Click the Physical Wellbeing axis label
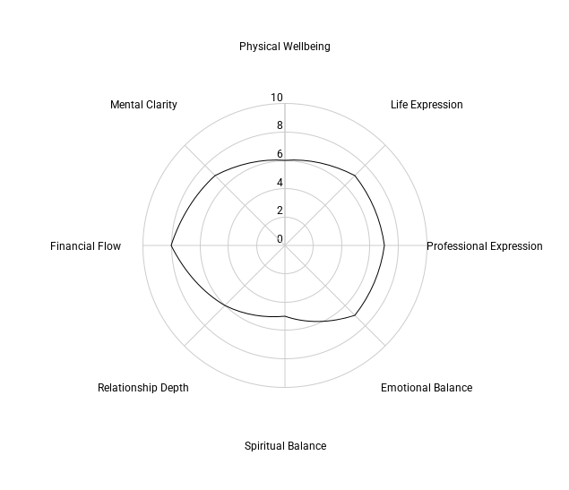coord(284,47)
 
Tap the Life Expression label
coord(427,105)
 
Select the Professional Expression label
coord(484,246)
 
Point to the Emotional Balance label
coord(426,388)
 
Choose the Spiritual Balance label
coord(285,446)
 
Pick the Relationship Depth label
coord(143,388)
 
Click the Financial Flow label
coord(85,246)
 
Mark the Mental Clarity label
coord(143,105)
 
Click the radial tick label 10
coord(276,98)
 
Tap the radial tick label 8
coord(280,125)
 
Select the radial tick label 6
coord(280,154)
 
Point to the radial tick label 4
coord(280,183)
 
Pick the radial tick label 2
coord(280,211)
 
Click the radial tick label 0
coord(280,239)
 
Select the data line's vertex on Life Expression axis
coord(356,176)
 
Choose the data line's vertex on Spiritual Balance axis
coord(285,317)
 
